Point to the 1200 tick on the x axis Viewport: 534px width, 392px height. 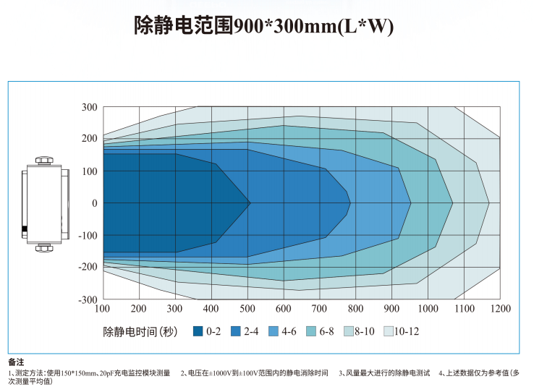pyautogui.click(x=500, y=309)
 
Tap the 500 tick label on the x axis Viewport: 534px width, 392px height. pyautogui.click(x=247, y=309)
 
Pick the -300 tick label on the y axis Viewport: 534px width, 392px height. pyautogui.click(x=88, y=299)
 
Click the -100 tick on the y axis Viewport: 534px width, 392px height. pyautogui.click(x=88, y=235)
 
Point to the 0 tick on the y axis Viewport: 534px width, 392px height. pyautogui.click(x=93, y=203)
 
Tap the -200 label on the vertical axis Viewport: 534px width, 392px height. pyautogui.click(x=88, y=267)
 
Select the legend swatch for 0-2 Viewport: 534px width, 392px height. pyautogui.click(x=198, y=332)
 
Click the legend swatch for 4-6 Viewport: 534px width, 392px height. pyautogui.click(x=274, y=332)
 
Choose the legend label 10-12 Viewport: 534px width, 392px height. pyautogui.click(x=407, y=332)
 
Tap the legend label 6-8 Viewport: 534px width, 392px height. pyautogui.click(x=326, y=332)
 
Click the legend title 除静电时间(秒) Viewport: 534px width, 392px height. pyautogui.click(x=140, y=332)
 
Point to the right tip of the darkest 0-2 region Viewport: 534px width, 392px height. pyautogui.click(x=250, y=203)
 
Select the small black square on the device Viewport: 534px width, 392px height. pyautogui.click(x=25, y=229)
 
